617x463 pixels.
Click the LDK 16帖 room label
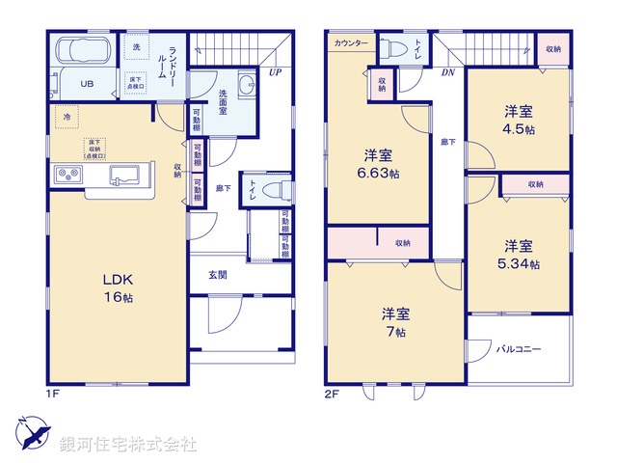tap(118, 288)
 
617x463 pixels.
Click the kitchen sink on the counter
tap(125, 176)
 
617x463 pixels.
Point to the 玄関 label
tap(218, 275)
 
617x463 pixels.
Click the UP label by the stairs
tap(276, 72)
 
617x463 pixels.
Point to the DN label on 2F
tap(447, 72)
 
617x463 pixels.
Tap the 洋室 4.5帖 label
tap(519, 120)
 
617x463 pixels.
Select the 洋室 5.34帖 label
tap(519, 253)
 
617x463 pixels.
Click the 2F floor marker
tap(331, 394)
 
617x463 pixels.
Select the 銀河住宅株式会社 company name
tap(127, 445)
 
